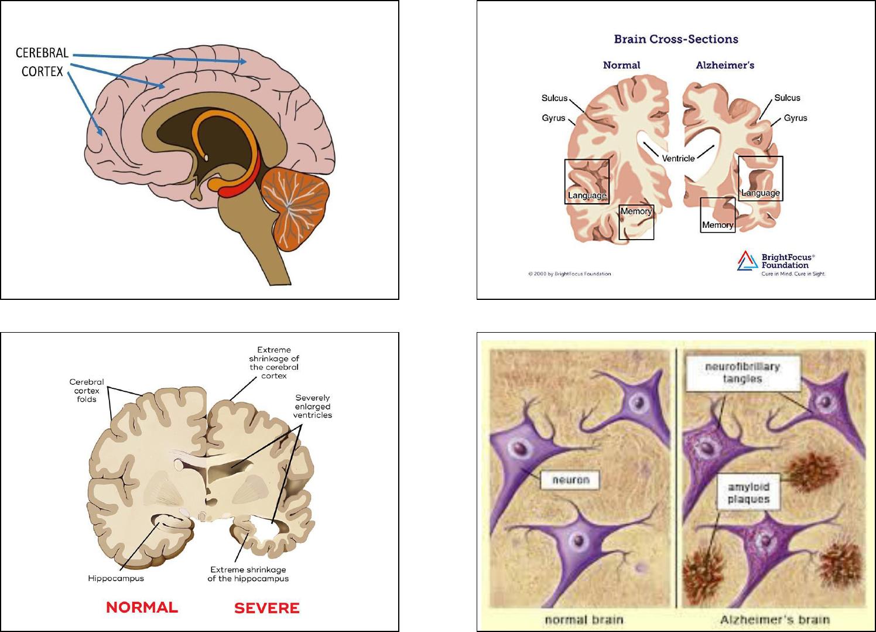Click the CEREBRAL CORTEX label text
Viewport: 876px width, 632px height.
[x=42, y=62]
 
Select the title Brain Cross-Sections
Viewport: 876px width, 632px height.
[x=676, y=39]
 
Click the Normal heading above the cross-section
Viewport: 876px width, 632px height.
[x=621, y=65]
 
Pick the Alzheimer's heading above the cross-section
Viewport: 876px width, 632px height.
[x=725, y=65]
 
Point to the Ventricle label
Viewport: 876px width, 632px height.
[x=678, y=158]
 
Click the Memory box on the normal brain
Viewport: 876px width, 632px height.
[x=637, y=222]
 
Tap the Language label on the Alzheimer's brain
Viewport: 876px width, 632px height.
[x=761, y=193]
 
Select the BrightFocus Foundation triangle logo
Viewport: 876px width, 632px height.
[x=747, y=261]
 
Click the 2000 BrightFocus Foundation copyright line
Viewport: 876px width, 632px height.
[x=569, y=274]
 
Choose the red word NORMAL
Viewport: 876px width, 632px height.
[x=142, y=607]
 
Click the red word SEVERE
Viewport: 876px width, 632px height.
[x=266, y=608]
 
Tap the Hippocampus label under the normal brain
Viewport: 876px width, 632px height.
[x=116, y=579]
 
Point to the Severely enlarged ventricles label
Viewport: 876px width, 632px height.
[x=313, y=406]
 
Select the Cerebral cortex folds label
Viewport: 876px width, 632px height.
[x=87, y=390]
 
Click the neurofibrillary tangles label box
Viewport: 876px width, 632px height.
[x=742, y=373]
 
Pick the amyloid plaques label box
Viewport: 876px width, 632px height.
[x=748, y=493]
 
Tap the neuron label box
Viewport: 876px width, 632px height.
[x=570, y=480]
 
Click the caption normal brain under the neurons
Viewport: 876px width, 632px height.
[x=584, y=620]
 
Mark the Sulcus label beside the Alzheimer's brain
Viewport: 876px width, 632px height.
[x=787, y=98]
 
